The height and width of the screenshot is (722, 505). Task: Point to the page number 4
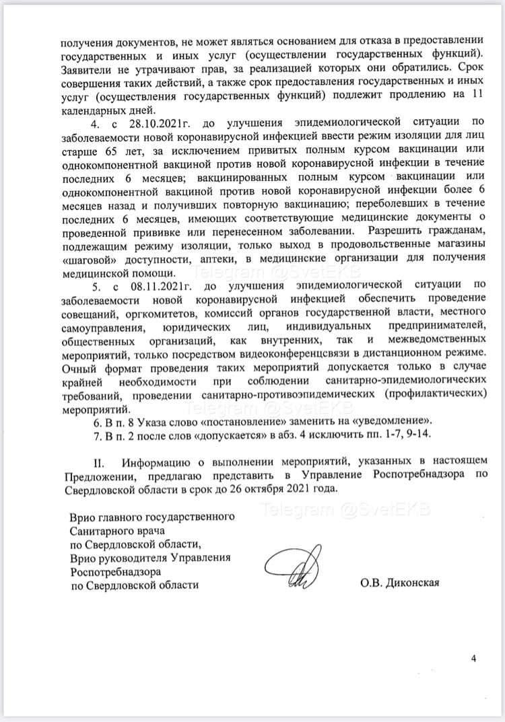tap(474, 659)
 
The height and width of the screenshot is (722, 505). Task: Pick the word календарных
tap(94, 108)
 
